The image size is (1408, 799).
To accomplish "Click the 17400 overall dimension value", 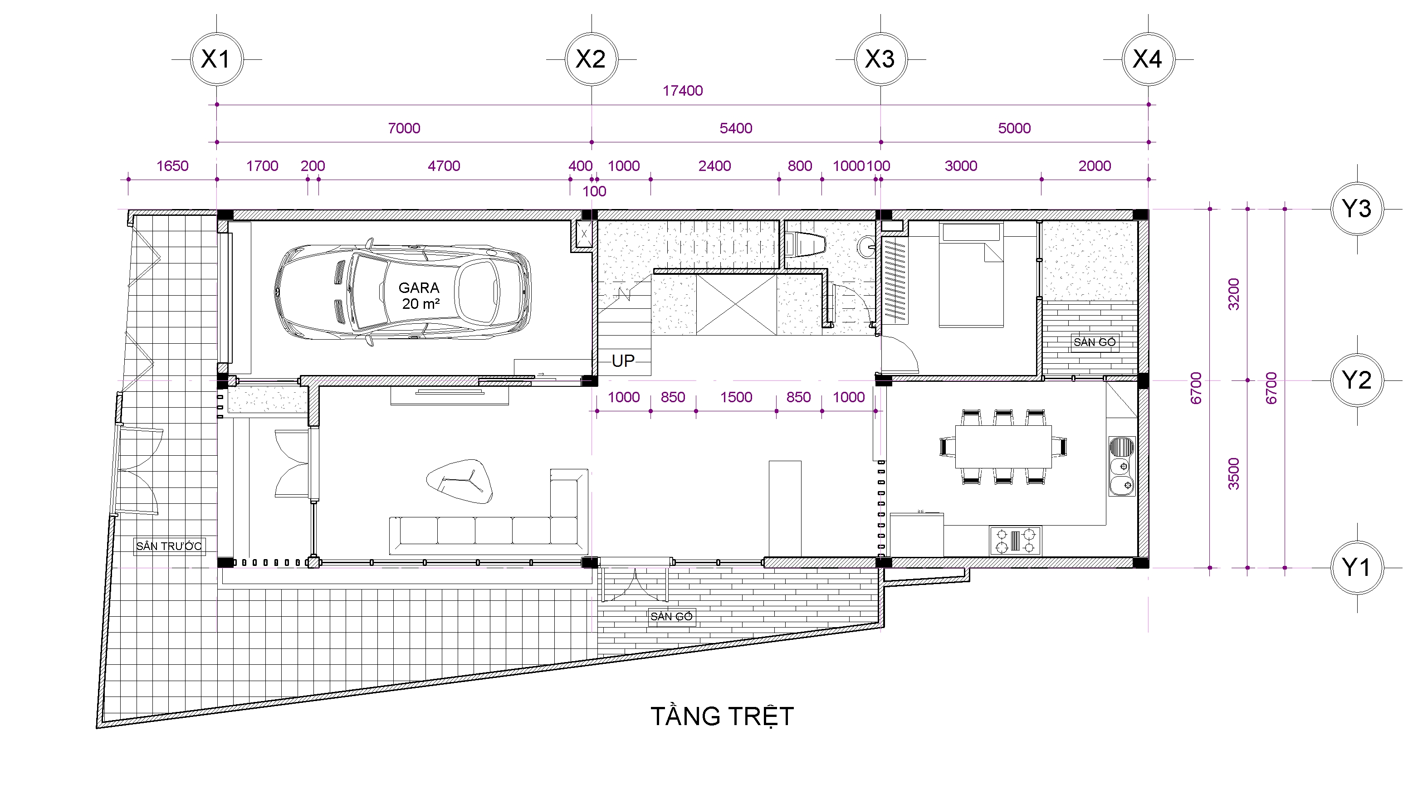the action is pyautogui.click(x=682, y=91).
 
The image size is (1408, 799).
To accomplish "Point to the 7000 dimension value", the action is pyautogui.click(x=404, y=128).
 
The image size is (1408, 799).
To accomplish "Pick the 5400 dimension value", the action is pyautogui.click(x=736, y=128).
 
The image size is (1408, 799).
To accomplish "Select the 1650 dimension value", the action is pyautogui.click(x=172, y=166).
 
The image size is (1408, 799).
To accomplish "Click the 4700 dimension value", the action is pyautogui.click(x=444, y=166).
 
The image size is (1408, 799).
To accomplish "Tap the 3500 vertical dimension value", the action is pyautogui.click(x=1234, y=473).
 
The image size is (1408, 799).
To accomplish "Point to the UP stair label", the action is pyautogui.click(x=623, y=361).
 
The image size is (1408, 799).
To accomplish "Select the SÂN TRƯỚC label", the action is pyautogui.click(x=169, y=546).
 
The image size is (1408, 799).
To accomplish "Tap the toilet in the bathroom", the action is pyautogui.click(x=805, y=245).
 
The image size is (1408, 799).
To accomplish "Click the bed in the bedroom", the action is pyautogui.click(x=971, y=274).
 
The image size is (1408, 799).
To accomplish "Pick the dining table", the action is pyautogui.click(x=1003, y=446).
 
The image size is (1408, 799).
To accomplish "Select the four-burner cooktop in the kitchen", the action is pyautogui.click(x=1015, y=541).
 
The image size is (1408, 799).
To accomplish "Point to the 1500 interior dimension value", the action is pyautogui.click(x=736, y=397).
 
